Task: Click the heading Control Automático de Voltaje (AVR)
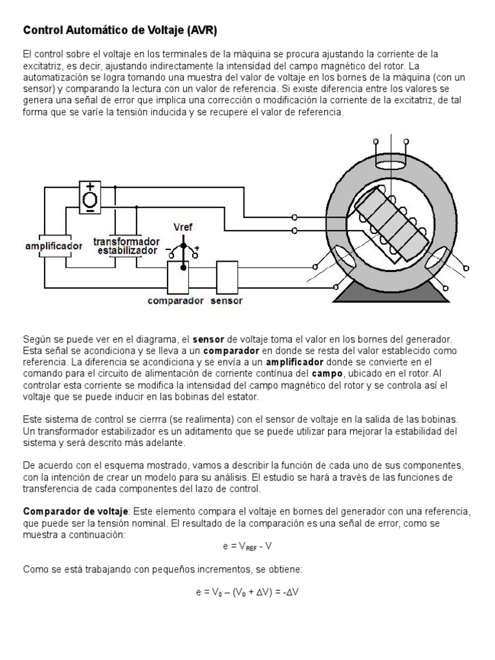(x=125, y=30)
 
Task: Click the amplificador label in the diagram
(x=53, y=246)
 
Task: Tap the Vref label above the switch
(x=183, y=227)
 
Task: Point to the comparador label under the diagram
(x=176, y=300)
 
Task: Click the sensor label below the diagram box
(x=226, y=300)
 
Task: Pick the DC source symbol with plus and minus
(x=91, y=197)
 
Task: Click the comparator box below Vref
(x=177, y=277)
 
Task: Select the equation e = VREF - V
(x=247, y=547)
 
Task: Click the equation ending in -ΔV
(x=247, y=590)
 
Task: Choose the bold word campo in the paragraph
(x=324, y=374)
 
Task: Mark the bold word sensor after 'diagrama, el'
(x=208, y=339)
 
